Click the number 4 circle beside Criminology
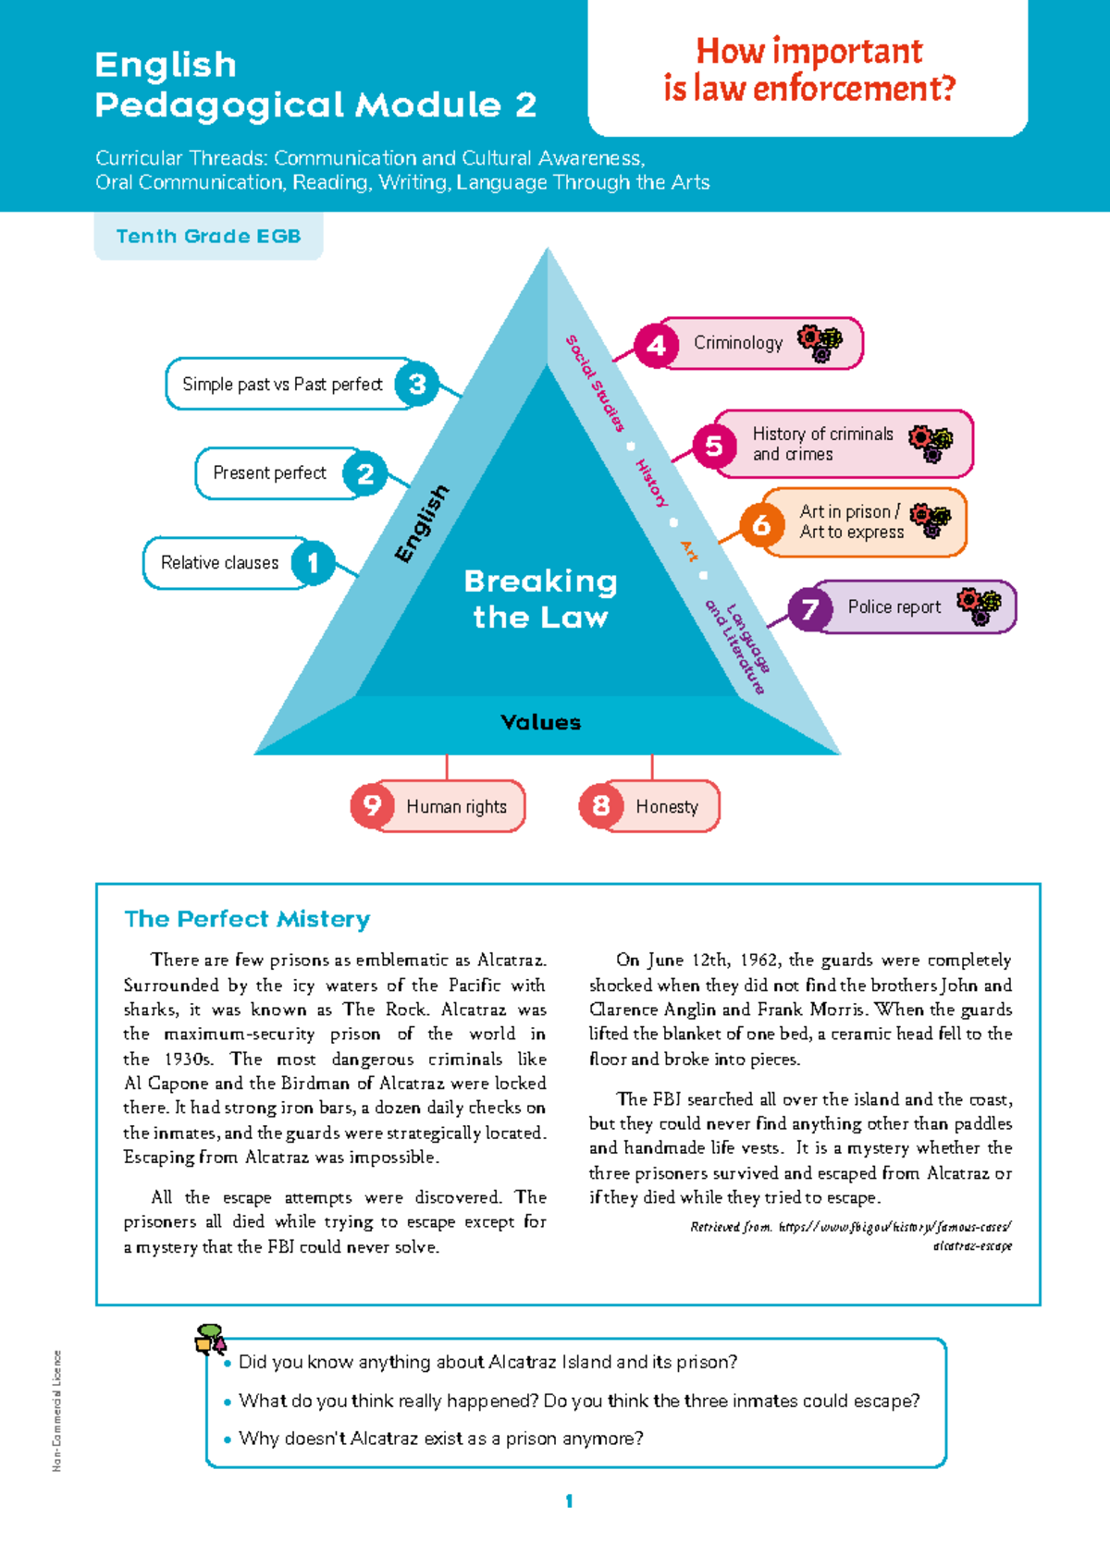click(656, 346)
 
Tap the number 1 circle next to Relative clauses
click(313, 562)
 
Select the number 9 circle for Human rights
click(372, 805)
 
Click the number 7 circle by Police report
click(810, 608)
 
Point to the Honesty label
click(666, 806)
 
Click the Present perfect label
click(269, 473)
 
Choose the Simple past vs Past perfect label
click(282, 385)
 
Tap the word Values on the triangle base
click(541, 723)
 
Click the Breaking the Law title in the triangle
click(541, 599)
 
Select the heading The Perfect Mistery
click(247, 919)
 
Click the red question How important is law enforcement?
click(809, 69)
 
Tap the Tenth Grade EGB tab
click(208, 236)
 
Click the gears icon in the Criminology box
click(820, 343)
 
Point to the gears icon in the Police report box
click(980, 606)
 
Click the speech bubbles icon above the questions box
click(210, 1338)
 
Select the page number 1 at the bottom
click(569, 1501)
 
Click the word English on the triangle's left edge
click(422, 523)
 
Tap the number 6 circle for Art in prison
click(761, 525)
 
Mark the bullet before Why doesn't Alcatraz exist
click(228, 1440)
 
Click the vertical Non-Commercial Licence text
click(56, 1410)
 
